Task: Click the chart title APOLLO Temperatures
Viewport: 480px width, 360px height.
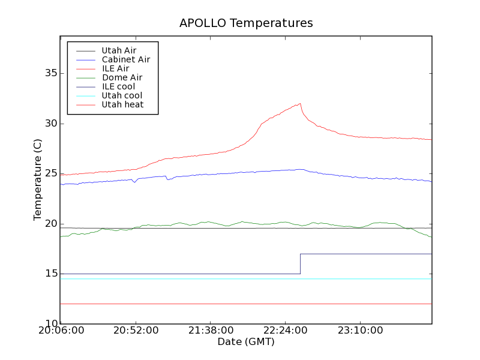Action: (246, 23)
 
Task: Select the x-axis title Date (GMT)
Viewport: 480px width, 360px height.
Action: (246, 342)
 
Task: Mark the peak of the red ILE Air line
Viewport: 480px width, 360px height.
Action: (300, 103)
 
